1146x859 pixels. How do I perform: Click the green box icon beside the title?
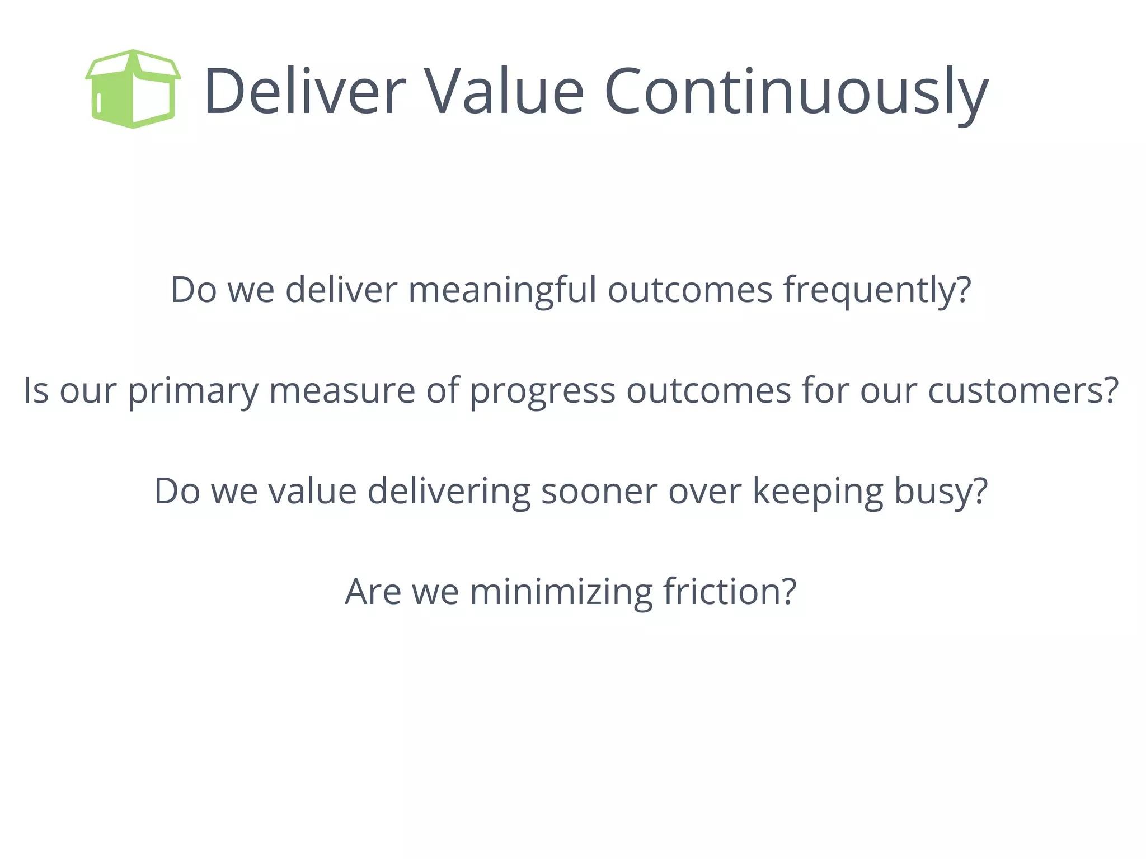point(133,89)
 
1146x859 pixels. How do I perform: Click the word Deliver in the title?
point(304,91)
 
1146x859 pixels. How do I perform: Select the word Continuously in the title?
point(796,92)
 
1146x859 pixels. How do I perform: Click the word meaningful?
point(502,291)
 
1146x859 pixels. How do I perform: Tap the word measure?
point(342,390)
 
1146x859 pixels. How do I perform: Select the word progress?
point(542,391)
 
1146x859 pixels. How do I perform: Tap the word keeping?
point(817,492)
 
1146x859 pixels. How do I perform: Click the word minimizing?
point(561,593)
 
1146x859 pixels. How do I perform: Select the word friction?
point(729,592)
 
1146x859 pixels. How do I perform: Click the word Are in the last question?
point(373,592)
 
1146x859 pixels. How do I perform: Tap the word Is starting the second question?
point(36,390)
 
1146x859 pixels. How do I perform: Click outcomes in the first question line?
point(689,291)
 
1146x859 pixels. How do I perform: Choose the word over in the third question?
point(704,492)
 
